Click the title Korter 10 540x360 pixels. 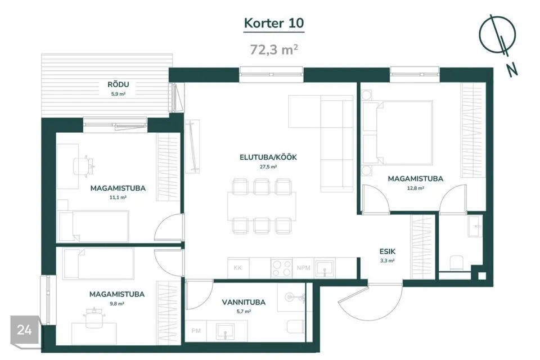tap(274, 23)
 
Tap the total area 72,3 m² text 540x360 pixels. tap(274, 49)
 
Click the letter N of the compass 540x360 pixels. tap(512, 70)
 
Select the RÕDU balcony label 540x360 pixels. tap(118, 84)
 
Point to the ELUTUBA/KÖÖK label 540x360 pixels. tap(268, 157)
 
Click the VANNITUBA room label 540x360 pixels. tap(244, 303)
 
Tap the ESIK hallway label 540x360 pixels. tap(388, 251)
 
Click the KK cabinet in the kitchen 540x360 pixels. tap(238, 268)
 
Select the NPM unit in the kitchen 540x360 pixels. tap(303, 268)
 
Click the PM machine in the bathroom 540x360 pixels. tap(196, 331)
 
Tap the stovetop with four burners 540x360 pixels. tap(282, 268)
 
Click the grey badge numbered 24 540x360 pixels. tap(24, 330)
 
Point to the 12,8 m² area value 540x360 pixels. tap(415, 188)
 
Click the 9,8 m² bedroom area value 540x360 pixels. tap(117, 304)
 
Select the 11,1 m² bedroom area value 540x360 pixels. tap(118, 198)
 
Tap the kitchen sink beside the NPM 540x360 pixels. tap(325, 268)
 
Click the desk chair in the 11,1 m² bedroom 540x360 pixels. tap(84, 166)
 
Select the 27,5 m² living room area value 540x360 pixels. tap(268, 167)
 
